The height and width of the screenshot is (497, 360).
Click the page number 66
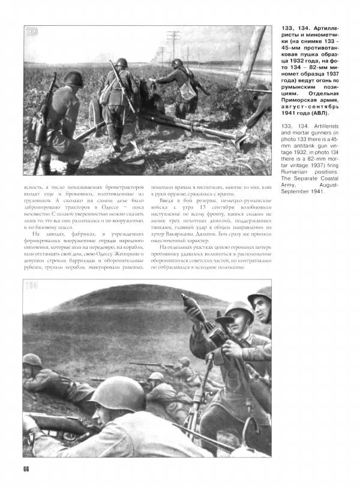click(26, 468)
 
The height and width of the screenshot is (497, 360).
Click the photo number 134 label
click(32, 285)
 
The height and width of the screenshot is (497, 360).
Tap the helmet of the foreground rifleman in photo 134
click(117, 393)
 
